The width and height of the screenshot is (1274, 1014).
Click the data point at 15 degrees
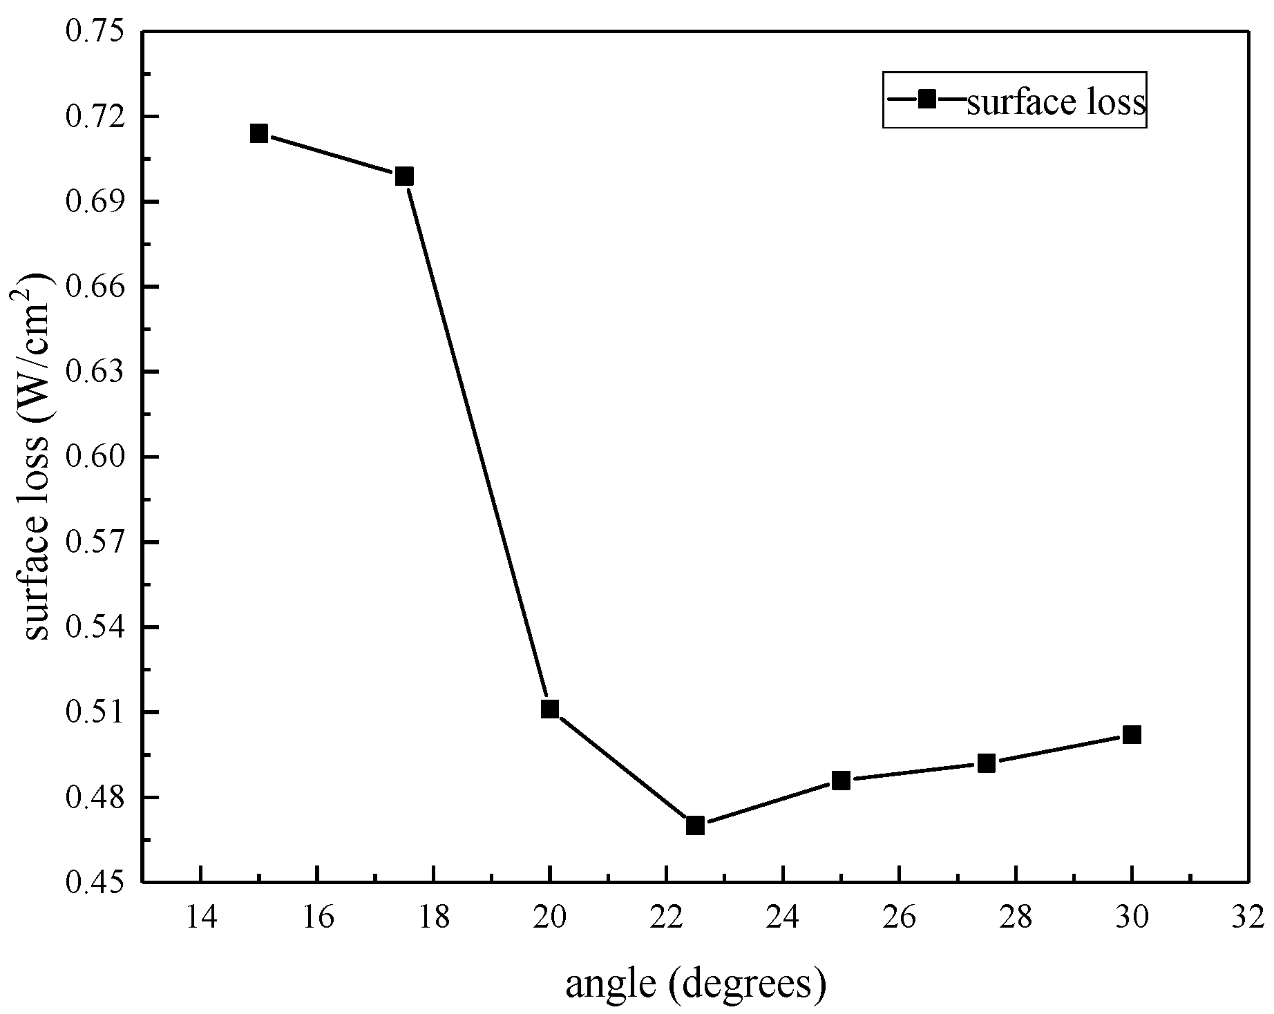[259, 133]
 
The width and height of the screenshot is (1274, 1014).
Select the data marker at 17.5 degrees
[404, 176]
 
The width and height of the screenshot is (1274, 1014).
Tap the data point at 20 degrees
[550, 709]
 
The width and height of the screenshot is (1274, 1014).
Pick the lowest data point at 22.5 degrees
[695, 825]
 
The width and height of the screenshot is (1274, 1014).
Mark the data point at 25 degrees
[841, 781]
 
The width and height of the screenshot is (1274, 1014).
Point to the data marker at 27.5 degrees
[987, 763]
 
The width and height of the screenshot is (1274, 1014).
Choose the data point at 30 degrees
[1132, 734]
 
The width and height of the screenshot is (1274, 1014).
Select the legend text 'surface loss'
[1056, 102]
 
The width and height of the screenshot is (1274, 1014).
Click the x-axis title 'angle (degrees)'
[696, 984]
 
